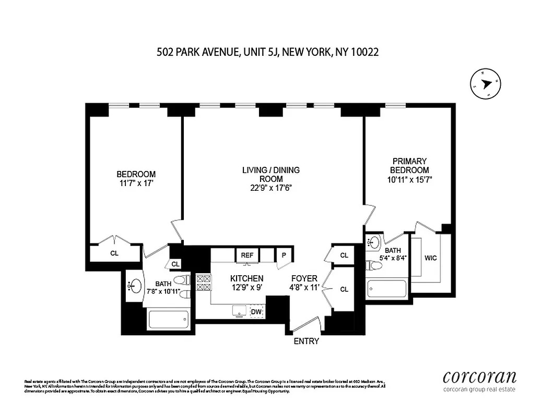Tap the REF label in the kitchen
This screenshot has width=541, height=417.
[x=246, y=255]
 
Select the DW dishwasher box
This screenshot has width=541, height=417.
[x=256, y=312]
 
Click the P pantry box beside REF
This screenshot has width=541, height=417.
[x=284, y=255]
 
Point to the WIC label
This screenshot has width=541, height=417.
[x=431, y=258]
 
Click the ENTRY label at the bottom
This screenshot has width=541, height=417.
[x=306, y=341]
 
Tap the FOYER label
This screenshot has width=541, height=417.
[x=304, y=279]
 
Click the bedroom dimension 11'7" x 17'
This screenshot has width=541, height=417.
[x=136, y=183]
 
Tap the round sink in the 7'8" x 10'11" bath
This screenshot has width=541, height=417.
[x=135, y=285]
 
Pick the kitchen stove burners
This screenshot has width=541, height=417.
[x=203, y=283]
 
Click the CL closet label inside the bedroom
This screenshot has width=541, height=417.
[x=114, y=253]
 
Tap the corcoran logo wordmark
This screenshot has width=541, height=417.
[x=479, y=377]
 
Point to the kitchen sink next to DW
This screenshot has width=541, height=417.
[x=240, y=311]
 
